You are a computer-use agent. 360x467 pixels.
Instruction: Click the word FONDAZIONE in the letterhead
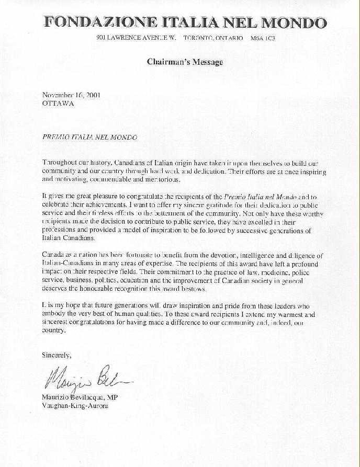click(x=93, y=23)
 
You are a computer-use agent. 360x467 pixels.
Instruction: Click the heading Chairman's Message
click(x=185, y=62)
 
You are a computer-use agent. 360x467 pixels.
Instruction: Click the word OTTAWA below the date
click(x=58, y=103)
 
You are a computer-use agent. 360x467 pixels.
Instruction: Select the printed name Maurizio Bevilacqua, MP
click(x=82, y=397)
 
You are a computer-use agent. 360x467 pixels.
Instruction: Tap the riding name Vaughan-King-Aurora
click(x=75, y=405)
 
